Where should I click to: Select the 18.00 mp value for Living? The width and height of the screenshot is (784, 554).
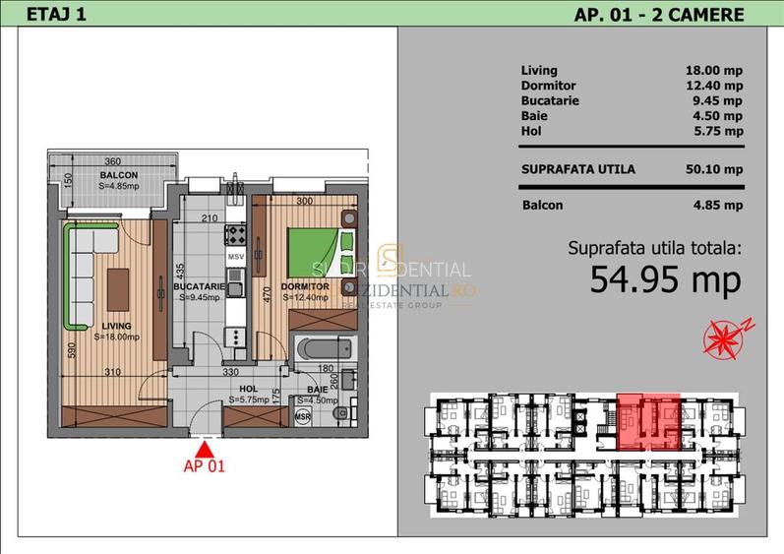click(714, 71)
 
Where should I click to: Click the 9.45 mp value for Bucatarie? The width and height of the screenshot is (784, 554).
click(717, 100)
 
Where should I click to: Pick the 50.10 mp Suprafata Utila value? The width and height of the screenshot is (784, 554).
click(714, 169)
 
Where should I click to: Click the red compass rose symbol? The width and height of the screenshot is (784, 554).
click(724, 336)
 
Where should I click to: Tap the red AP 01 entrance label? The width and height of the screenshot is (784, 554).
click(205, 466)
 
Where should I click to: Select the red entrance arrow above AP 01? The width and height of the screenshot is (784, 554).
click(205, 444)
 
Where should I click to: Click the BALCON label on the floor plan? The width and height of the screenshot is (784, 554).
click(119, 175)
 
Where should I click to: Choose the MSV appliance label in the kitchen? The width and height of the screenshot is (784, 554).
click(235, 257)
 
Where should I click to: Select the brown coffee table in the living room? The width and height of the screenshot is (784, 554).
click(118, 284)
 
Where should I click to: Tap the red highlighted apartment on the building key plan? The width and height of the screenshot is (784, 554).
click(647, 418)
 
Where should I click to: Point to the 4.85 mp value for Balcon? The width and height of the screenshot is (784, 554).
click(717, 206)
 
